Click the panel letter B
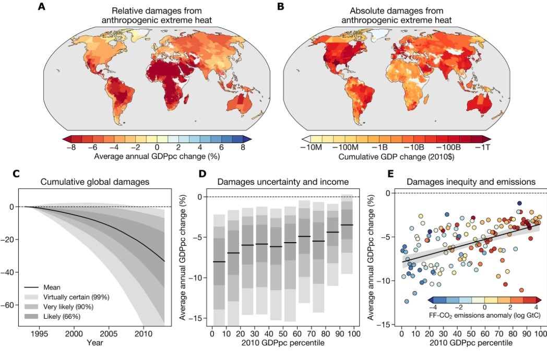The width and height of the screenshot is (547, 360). coord(280,7)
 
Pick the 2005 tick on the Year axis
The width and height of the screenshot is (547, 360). coord(108,332)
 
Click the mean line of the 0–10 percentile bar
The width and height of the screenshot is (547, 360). coord(219,261)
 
